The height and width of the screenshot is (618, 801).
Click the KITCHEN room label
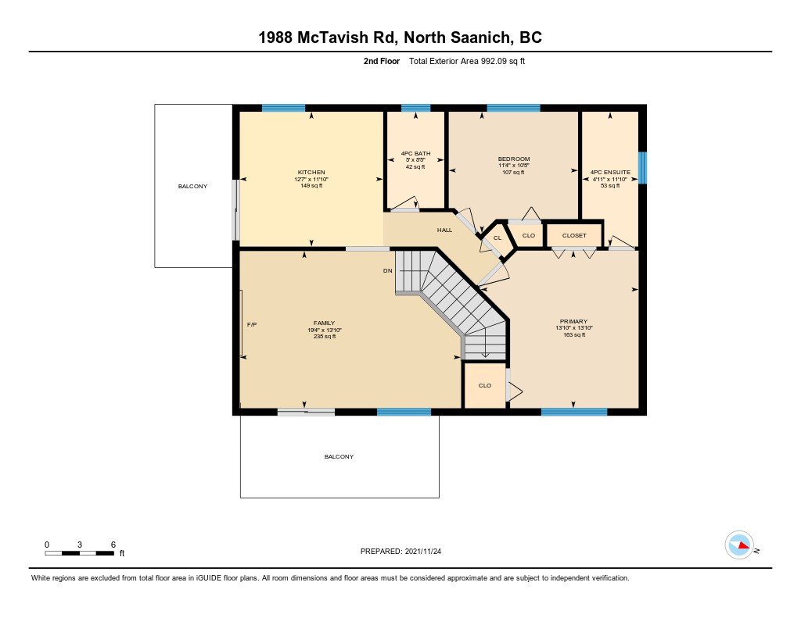[x=311, y=172]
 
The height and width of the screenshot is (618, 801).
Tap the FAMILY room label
[x=324, y=322]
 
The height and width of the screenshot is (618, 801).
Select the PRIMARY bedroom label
[x=573, y=321]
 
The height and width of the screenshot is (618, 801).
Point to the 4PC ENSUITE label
[x=610, y=172]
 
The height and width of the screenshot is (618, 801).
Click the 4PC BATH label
[x=416, y=153]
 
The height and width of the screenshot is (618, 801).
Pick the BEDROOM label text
[x=514, y=159]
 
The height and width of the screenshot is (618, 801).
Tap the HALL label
[x=444, y=230]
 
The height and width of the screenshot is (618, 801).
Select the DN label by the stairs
[x=387, y=271]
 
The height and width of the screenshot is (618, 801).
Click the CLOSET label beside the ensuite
[x=574, y=235]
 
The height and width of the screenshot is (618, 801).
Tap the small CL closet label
[x=497, y=238]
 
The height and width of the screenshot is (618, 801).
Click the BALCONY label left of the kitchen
[x=192, y=186]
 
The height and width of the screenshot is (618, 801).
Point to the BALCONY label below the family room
[x=339, y=456]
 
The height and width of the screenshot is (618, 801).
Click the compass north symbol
[x=739, y=545]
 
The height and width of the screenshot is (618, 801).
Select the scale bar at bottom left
[x=80, y=553]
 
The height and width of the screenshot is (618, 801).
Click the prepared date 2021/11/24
[x=427, y=551]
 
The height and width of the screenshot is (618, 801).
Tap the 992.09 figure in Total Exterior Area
[x=491, y=61]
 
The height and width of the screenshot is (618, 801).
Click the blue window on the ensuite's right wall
[x=642, y=167]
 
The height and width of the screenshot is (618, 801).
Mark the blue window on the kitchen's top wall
[x=283, y=108]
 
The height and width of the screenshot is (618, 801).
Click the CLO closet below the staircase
[x=484, y=385]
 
